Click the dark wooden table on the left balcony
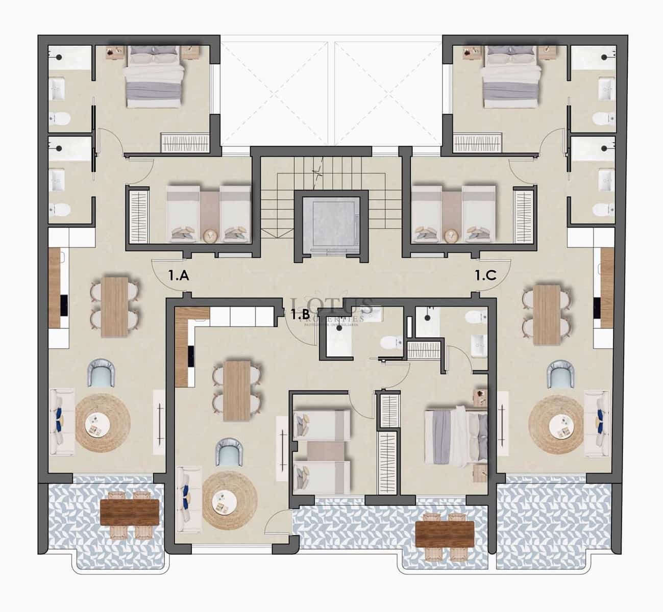(x=131, y=512)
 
